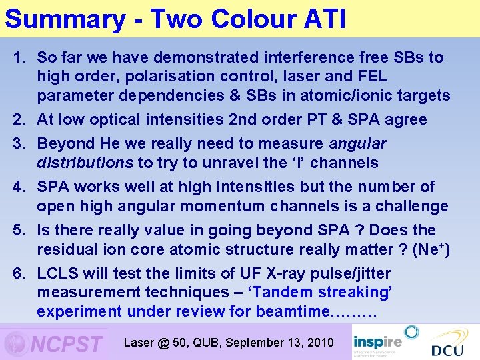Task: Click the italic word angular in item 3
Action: (357, 144)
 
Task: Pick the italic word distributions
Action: (85, 163)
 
